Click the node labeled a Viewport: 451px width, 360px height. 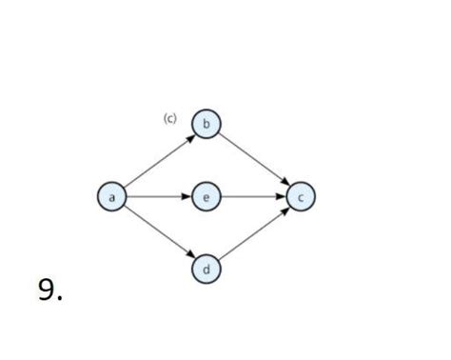pos(112,197)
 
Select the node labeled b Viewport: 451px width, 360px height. pos(206,124)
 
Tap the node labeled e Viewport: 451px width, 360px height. pos(206,197)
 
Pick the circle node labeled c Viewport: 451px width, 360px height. pos(301,197)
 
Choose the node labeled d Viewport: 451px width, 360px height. pos(206,270)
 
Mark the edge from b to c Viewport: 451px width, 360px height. pos(253,160)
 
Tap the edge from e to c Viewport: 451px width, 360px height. pos(253,197)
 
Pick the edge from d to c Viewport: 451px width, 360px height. pos(253,234)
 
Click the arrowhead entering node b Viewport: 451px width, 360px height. pos(190,136)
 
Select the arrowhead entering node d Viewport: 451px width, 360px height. pos(190,258)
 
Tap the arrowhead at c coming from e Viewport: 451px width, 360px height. pos(283,197)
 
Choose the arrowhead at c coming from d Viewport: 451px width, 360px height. pos(285,210)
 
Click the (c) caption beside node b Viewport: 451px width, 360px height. pos(169,118)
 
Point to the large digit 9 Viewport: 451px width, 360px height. pos(47,290)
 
